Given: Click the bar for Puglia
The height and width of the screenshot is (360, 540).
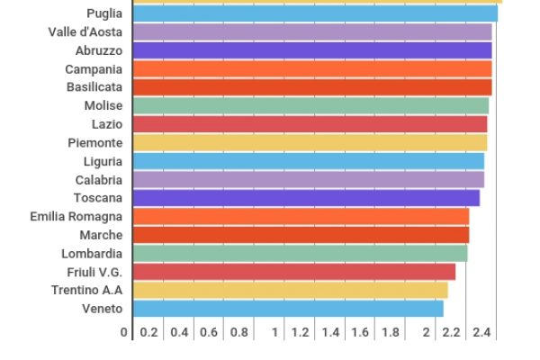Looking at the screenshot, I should (315, 13).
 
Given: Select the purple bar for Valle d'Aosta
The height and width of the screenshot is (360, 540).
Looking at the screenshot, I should (312, 31).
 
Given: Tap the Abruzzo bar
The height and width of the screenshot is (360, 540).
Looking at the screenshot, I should (312, 50).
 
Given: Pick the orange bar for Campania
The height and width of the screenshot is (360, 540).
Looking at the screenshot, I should (312, 69).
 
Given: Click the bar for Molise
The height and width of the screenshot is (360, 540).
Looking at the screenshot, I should (310, 106).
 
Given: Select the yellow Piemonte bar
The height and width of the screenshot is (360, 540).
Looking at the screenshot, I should (310, 143).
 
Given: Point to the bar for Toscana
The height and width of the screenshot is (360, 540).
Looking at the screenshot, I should (306, 198).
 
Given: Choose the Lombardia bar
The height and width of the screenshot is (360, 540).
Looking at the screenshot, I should (300, 254).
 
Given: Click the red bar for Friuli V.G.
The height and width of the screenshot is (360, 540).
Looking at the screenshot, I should (294, 272).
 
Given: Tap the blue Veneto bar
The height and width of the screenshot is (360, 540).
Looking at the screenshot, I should (288, 309).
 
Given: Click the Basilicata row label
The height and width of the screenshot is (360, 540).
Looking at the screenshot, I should (94, 87).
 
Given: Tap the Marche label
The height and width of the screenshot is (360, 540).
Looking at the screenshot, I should (101, 235).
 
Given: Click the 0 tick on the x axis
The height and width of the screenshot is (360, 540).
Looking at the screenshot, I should (126, 333).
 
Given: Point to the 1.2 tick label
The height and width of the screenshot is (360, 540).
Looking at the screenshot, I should (301, 333).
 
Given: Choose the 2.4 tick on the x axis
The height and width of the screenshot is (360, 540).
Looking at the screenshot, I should (481, 333).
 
